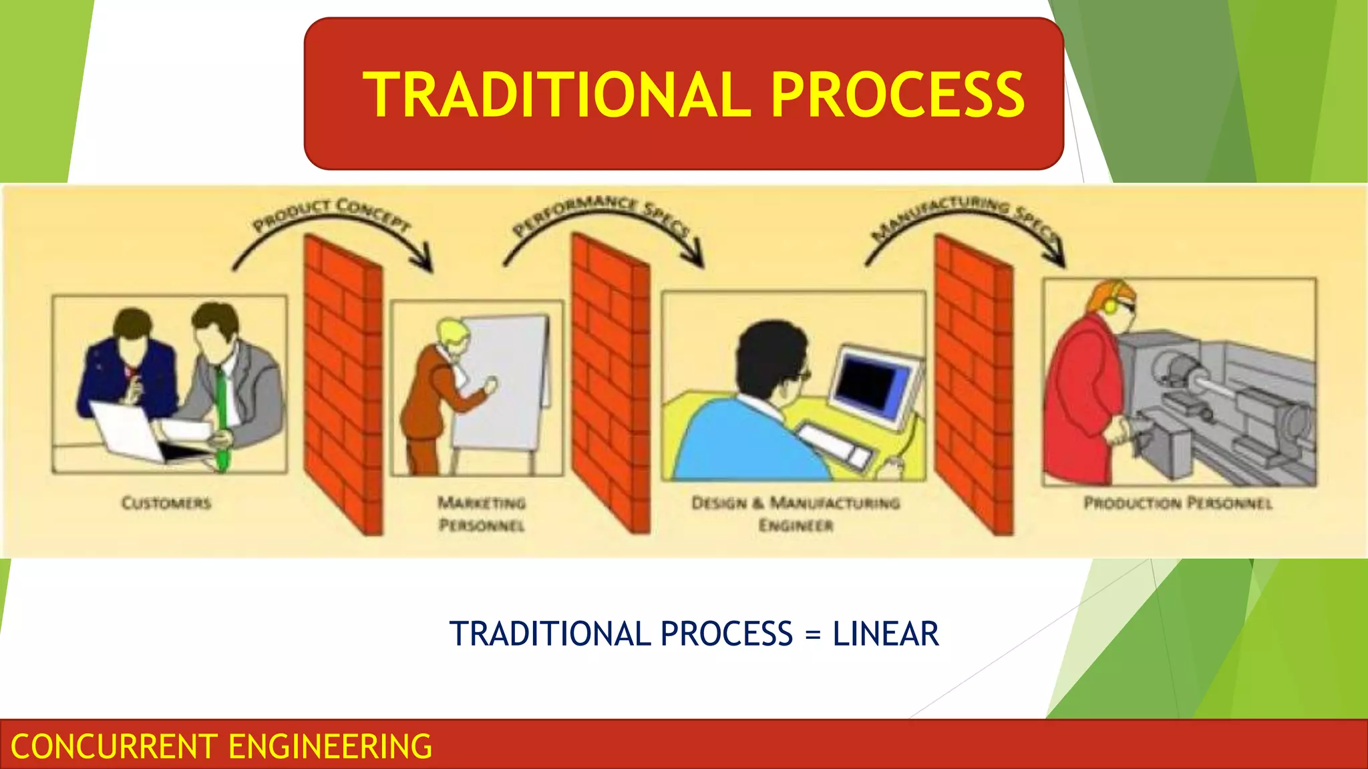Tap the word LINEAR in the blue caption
click(885, 634)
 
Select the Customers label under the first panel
click(166, 503)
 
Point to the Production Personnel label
click(1178, 503)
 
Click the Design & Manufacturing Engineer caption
click(796, 513)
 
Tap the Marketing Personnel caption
click(482, 513)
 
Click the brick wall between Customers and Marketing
click(343, 384)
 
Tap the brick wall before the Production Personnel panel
click(973, 384)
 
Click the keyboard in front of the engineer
click(835, 445)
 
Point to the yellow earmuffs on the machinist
click(1110, 305)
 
